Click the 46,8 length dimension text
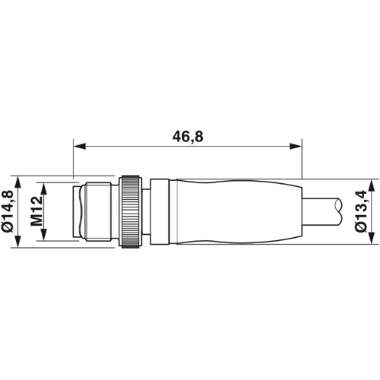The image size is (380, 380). (x=187, y=137)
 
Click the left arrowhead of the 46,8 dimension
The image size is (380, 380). (x=78, y=146)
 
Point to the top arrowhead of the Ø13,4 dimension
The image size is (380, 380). (x=372, y=185)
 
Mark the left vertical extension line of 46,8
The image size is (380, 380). (x=72, y=160)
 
